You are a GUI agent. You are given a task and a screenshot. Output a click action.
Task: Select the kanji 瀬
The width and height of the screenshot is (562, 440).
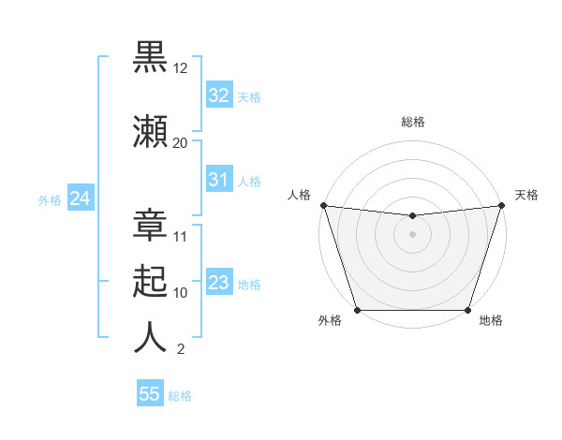point(150,129)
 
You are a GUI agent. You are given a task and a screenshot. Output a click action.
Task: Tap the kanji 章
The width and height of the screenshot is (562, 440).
point(150,222)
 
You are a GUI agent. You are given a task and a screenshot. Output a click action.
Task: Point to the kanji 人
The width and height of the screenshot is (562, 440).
point(150,337)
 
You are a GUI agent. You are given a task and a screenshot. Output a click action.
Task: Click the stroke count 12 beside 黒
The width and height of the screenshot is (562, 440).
point(181,69)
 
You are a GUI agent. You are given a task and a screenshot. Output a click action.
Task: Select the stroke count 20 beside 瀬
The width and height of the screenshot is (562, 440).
point(181,142)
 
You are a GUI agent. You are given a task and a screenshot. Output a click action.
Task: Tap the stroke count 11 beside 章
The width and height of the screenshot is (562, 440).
point(181,236)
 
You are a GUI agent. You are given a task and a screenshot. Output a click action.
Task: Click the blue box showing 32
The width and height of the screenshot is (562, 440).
point(218,95)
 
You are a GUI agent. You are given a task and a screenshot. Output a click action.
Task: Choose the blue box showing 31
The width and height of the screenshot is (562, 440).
point(218,180)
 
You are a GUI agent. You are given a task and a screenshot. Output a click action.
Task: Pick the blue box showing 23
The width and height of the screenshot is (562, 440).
point(218,283)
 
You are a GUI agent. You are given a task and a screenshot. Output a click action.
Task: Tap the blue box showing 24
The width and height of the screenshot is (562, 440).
point(80,198)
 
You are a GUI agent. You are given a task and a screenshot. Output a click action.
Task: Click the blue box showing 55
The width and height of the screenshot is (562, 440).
point(150,394)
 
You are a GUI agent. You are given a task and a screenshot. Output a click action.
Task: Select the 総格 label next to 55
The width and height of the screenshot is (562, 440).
point(180,396)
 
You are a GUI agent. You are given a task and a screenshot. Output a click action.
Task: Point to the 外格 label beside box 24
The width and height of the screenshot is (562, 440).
point(50,200)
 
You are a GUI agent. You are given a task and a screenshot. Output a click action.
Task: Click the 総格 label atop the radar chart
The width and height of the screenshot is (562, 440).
point(412,122)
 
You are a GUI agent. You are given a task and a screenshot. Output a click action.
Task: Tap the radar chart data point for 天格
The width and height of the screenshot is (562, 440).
point(501,205)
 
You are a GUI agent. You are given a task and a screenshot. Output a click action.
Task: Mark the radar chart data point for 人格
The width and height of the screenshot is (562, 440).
point(323,205)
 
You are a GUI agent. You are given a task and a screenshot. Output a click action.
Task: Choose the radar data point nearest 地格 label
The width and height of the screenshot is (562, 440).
point(467,310)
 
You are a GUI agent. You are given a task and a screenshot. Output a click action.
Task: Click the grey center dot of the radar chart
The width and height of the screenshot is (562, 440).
point(412,233)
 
